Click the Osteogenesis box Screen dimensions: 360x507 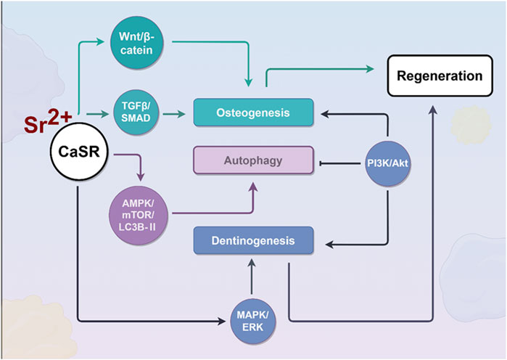click(252, 112)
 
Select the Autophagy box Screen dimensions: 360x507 click(252, 160)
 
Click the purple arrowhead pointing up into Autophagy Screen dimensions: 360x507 click(252, 186)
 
